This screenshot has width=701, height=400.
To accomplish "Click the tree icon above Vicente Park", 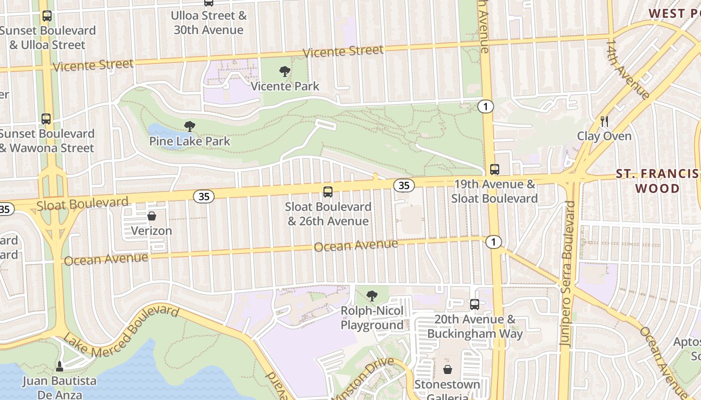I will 285,71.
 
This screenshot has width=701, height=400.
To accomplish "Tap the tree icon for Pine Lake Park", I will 189,126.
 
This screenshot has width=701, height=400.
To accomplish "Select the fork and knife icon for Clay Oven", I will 604,121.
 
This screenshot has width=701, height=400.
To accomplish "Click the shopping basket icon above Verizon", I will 151,216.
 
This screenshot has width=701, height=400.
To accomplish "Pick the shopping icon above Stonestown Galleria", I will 447,369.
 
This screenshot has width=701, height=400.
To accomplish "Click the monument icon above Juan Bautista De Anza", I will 60,366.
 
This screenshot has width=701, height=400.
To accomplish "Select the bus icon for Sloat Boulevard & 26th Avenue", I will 328,192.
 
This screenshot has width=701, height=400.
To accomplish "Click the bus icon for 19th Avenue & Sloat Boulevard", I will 495,169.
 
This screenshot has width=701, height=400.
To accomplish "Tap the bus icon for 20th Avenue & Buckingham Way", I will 475,304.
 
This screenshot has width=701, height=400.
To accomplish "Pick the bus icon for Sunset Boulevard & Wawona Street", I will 46,119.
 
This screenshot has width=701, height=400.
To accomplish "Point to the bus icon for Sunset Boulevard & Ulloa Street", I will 47,16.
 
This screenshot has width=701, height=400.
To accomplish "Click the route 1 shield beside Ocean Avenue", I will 494,242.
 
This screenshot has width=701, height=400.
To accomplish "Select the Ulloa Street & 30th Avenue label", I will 209,22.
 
